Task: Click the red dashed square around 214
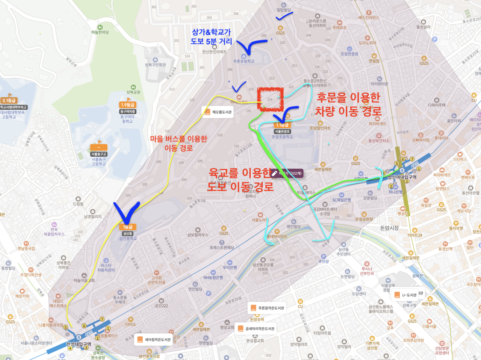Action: coord(270,98)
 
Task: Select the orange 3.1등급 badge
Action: coord(9,100)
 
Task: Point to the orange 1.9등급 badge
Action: coord(127,105)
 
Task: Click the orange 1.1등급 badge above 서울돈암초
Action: coord(282,125)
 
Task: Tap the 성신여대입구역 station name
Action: coord(402,177)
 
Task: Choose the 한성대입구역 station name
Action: coord(79,344)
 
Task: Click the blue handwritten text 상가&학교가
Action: coord(211,32)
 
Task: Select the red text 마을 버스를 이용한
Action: coord(178,139)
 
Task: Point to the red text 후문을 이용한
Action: coord(348,98)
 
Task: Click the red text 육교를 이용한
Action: coord(240,173)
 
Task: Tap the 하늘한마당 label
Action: coord(100,32)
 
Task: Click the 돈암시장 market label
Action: coord(389,228)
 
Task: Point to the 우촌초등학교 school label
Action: coord(244,61)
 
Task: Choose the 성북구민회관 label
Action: coord(155,65)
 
